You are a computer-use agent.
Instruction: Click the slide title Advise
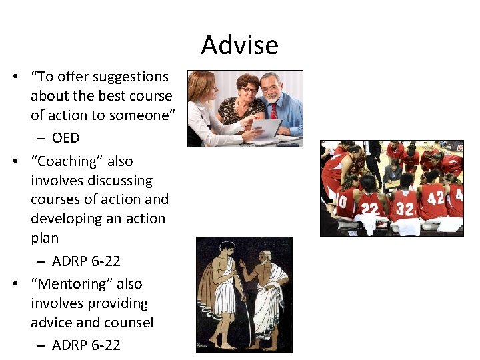[239, 45]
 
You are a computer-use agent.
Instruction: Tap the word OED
[65, 138]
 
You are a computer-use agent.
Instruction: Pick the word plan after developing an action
[45, 238]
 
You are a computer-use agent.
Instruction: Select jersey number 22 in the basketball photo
[369, 209]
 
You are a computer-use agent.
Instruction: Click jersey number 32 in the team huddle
[405, 209]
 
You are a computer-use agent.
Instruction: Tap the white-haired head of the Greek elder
[265, 256]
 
